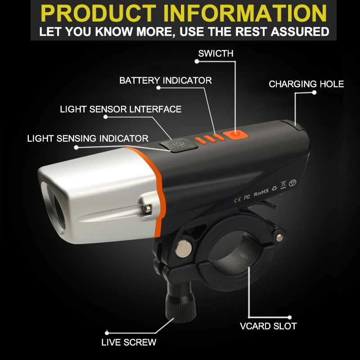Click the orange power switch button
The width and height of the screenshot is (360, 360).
click(x=234, y=134)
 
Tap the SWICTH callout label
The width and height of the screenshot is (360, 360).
click(x=216, y=54)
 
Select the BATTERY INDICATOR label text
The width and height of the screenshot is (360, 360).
click(x=165, y=81)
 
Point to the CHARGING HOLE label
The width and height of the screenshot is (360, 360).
click(x=306, y=84)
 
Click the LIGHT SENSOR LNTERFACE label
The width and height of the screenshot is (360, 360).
click(x=121, y=109)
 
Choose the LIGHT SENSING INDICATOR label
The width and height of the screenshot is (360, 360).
click(x=88, y=138)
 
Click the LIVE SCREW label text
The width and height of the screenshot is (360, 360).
click(x=129, y=342)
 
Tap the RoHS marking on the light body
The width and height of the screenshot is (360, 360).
click(x=261, y=192)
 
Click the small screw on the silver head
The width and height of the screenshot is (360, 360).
click(x=146, y=209)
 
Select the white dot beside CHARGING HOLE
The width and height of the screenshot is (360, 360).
click(x=315, y=93)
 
